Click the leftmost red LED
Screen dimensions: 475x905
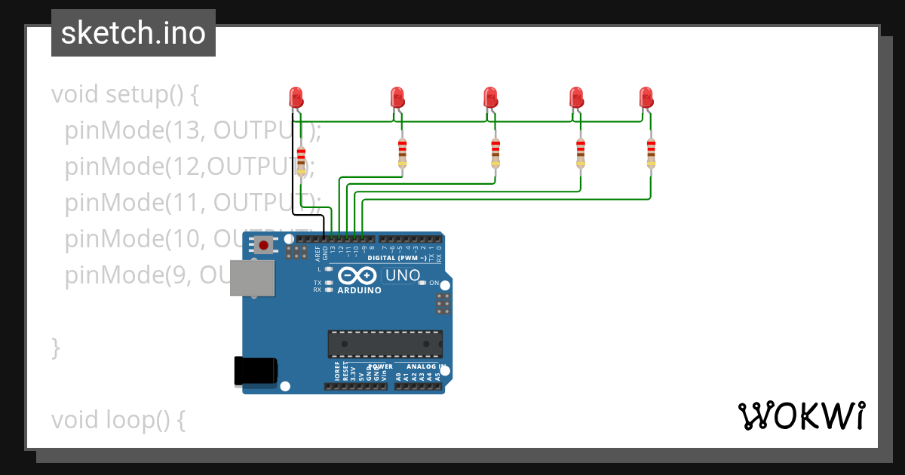pyautogui.click(x=296, y=97)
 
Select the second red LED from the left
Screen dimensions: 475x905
pyautogui.click(x=397, y=97)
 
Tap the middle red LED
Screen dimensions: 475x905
pyautogui.click(x=490, y=97)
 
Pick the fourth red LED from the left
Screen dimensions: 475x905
pyautogui.click(x=576, y=97)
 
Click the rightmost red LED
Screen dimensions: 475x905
pyautogui.click(x=646, y=97)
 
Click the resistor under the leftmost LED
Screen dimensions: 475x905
pyautogui.click(x=302, y=161)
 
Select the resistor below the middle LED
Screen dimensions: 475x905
pyautogui.click(x=495, y=153)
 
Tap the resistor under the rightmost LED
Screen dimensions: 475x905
pyautogui.click(x=651, y=153)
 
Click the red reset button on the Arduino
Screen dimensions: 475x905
pyautogui.click(x=263, y=245)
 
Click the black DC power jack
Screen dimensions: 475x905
pyautogui.click(x=256, y=371)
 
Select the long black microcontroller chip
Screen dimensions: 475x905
pyautogui.click(x=385, y=344)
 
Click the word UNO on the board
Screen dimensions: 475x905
pyautogui.click(x=403, y=275)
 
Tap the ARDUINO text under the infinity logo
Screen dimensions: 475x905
pyautogui.click(x=359, y=290)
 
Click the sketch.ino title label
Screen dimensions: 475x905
pyautogui.click(x=133, y=33)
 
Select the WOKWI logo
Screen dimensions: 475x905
pyautogui.click(x=801, y=415)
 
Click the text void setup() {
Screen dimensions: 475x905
pyautogui.click(x=124, y=95)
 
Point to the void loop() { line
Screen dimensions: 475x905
pyautogui.click(x=118, y=419)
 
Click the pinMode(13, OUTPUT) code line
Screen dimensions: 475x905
pyautogui.click(x=192, y=131)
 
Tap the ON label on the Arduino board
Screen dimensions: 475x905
pyautogui.click(x=434, y=283)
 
